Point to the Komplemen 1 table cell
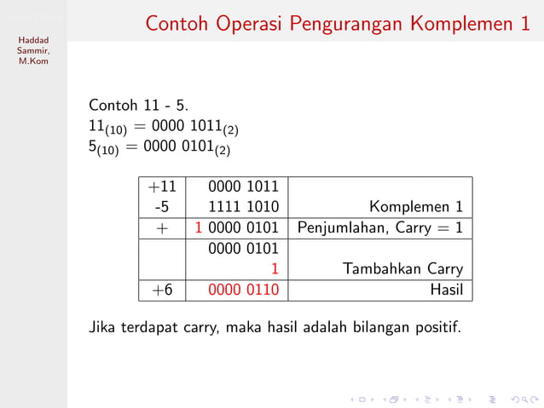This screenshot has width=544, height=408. pyautogui.click(x=416, y=207)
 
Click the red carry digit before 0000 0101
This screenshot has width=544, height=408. pyautogui.click(x=199, y=227)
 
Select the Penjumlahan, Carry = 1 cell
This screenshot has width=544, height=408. pyautogui.click(x=379, y=227)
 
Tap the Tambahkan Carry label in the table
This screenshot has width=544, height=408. pyautogui.click(x=402, y=269)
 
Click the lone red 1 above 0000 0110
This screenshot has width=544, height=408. pyautogui.click(x=275, y=269)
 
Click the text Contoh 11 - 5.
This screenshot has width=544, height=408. pyautogui.click(x=139, y=106)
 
